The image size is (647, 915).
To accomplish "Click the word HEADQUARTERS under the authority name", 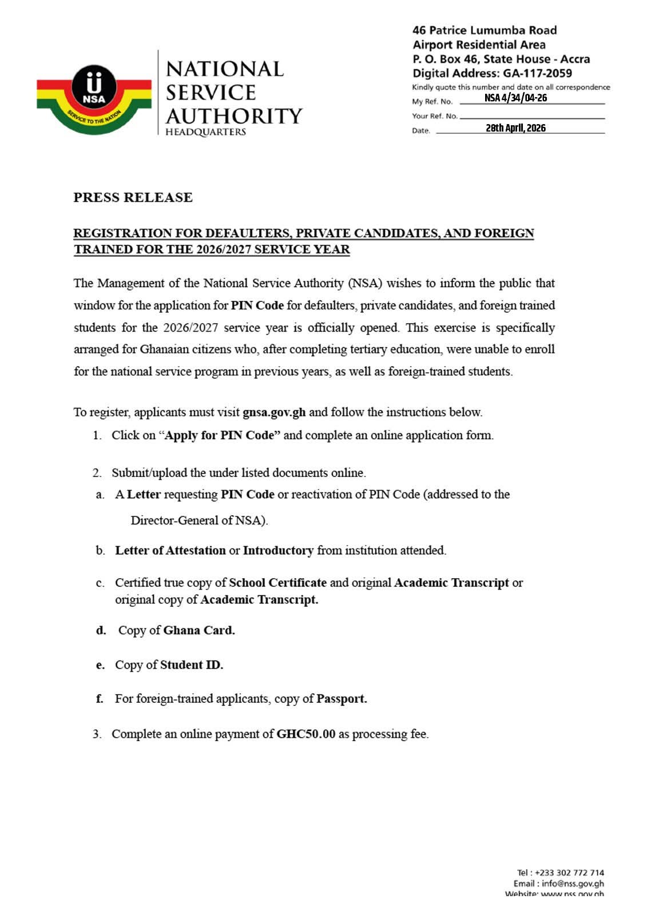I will (x=205, y=132).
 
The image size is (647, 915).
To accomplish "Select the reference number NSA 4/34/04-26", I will (x=515, y=98).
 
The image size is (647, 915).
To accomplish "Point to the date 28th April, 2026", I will (x=515, y=128).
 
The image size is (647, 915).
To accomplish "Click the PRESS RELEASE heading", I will (x=133, y=197).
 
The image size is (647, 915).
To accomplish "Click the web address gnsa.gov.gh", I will (x=274, y=412).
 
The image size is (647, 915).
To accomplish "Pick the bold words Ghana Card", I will (x=199, y=630).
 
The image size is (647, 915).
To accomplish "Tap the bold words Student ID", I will (x=191, y=665).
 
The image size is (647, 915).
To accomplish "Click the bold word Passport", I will (x=342, y=699).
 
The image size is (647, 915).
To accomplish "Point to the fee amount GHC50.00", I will (x=305, y=734).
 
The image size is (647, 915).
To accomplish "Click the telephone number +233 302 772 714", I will (x=569, y=873).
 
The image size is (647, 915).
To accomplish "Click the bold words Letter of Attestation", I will (x=170, y=550).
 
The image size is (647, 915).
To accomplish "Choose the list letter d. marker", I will (x=101, y=630).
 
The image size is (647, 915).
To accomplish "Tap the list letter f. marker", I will (x=100, y=699).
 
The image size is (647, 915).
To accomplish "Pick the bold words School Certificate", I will (x=277, y=583).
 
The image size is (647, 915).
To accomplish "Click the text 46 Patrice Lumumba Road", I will (x=485, y=30).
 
